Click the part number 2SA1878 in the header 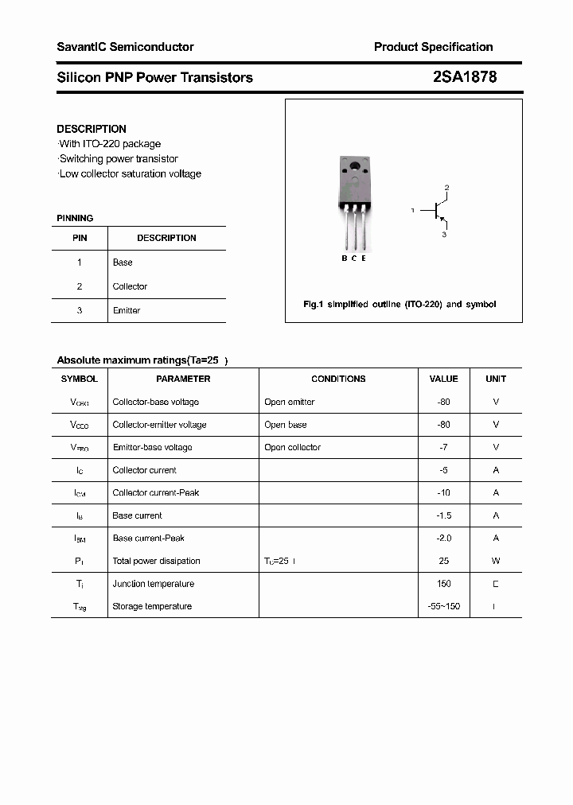click(x=464, y=77)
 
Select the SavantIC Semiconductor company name click(x=125, y=47)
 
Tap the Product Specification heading click(x=433, y=47)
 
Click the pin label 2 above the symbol click(x=446, y=188)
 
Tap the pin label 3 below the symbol click(x=444, y=235)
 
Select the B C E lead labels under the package click(x=354, y=258)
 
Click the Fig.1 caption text click(x=400, y=305)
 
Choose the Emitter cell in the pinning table click(x=127, y=310)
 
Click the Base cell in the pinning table click(x=123, y=262)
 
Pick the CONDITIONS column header click(x=338, y=379)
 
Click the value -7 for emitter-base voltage click(x=443, y=447)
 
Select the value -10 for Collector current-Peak click(x=443, y=492)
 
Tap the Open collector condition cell click(x=292, y=447)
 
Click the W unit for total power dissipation click(x=496, y=561)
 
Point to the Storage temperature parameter click(x=152, y=606)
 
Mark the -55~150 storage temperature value click(x=443, y=606)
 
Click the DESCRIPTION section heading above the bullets click(x=92, y=129)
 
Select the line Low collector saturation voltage click(x=130, y=173)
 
